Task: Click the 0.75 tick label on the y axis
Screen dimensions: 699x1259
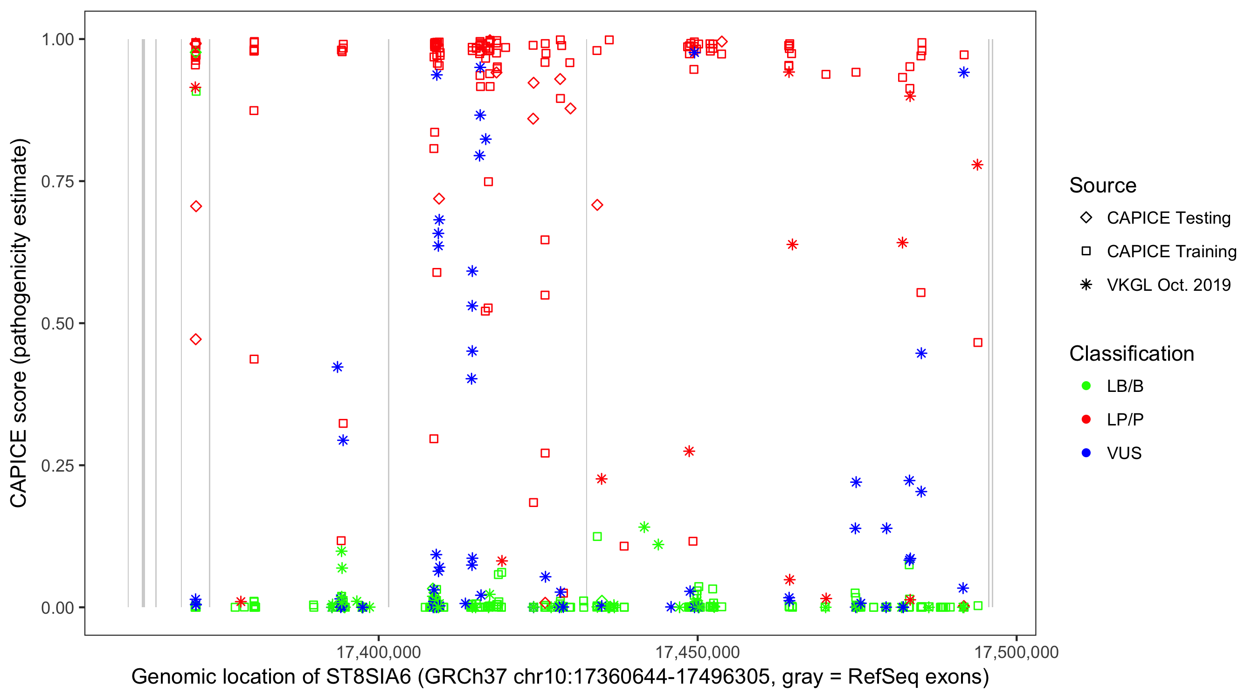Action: (57, 182)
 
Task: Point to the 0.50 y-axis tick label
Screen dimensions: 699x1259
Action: (57, 323)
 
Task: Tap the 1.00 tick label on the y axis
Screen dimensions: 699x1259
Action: (57, 40)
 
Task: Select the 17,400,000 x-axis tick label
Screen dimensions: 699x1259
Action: (378, 652)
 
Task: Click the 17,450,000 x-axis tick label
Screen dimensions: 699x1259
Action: (697, 652)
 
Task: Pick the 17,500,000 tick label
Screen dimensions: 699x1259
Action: (1016, 652)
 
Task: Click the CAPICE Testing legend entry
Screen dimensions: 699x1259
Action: (1168, 218)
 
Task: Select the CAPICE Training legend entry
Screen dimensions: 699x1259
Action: (1171, 252)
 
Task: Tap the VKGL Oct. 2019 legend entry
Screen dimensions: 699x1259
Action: (1168, 285)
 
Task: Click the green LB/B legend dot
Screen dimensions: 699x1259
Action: (1086, 386)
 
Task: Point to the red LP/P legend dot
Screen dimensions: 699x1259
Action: (1086, 419)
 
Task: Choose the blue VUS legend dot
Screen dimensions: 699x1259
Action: (1086, 453)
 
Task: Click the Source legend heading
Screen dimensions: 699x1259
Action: (1103, 185)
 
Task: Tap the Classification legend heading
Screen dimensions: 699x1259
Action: (1131, 354)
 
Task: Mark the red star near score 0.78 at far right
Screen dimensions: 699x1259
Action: (977, 165)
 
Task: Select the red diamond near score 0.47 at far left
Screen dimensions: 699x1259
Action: (196, 340)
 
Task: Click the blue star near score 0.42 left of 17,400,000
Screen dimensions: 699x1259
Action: (337, 367)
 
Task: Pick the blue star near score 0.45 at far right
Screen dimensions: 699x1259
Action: (921, 354)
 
